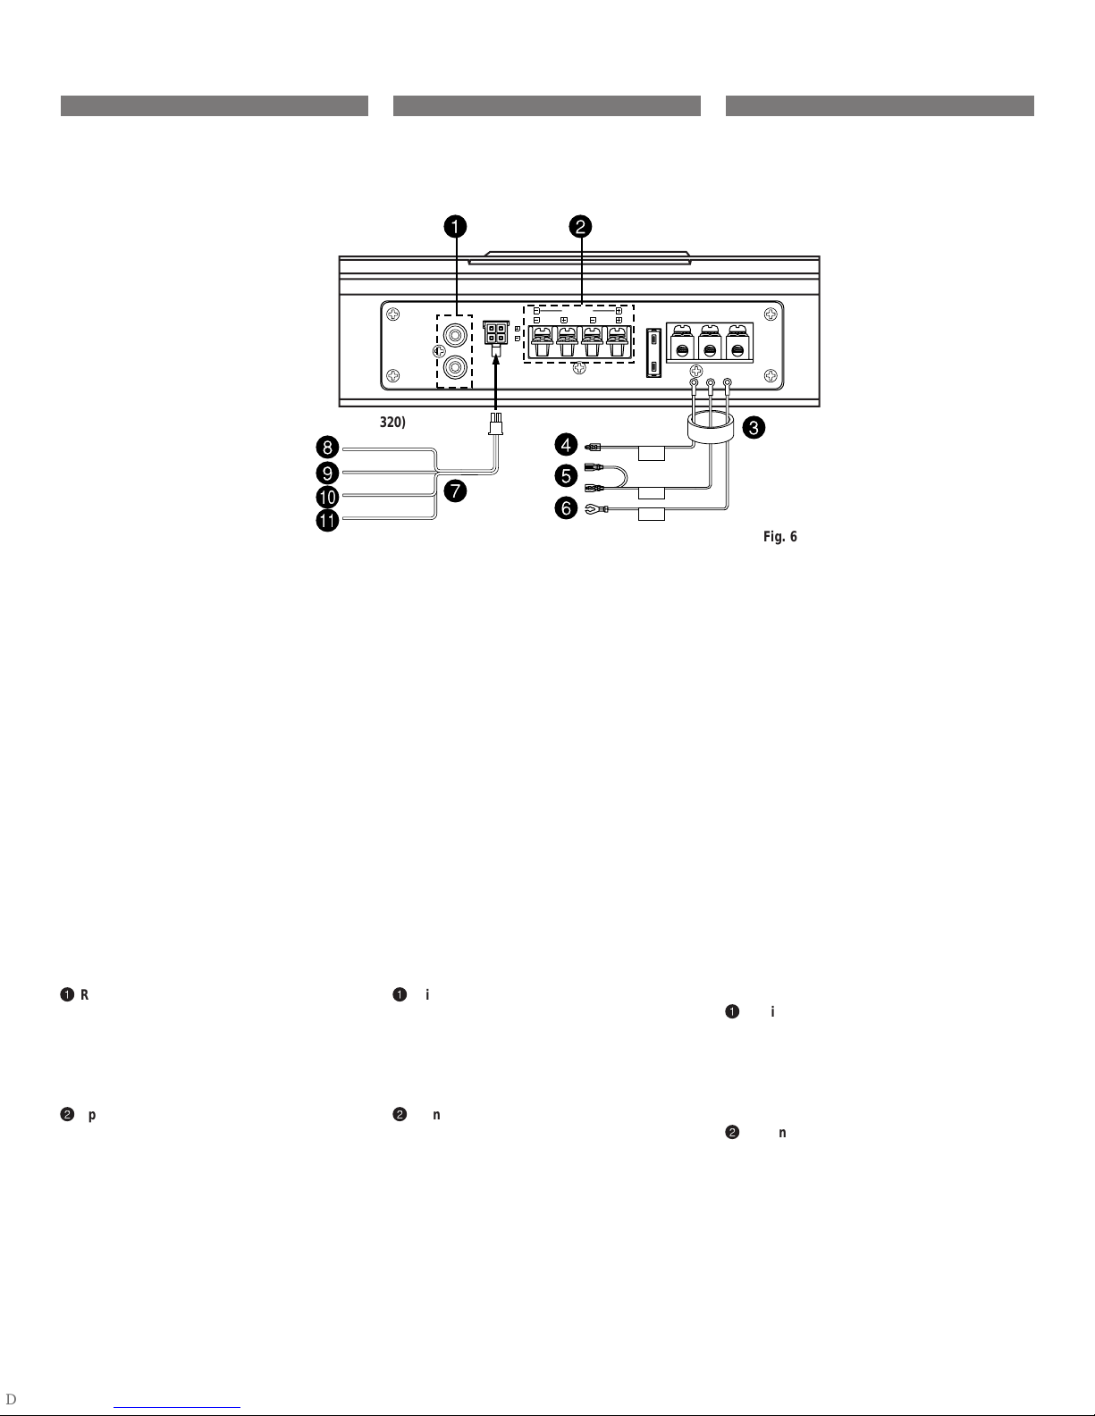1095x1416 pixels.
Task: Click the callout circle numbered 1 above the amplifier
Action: pos(456,227)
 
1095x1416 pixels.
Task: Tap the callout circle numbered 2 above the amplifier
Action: pos(580,227)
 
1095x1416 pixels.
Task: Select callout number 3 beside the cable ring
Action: pos(754,428)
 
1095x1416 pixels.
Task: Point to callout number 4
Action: pos(567,442)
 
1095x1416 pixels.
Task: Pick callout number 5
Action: pos(567,476)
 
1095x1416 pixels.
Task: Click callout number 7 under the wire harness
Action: pos(457,490)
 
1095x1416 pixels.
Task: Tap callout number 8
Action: pos(329,447)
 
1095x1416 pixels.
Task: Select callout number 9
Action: pos(329,472)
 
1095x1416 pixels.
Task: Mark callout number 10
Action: pos(329,497)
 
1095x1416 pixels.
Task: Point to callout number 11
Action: pos(329,522)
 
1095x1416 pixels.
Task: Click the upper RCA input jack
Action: pos(454,337)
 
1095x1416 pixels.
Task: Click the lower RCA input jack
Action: pos(454,365)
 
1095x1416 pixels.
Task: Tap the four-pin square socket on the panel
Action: pos(494,334)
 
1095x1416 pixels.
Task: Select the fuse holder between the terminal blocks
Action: pos(654,354)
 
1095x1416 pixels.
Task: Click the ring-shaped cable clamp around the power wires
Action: pos(711,428)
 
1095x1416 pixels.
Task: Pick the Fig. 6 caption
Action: pos(779,537)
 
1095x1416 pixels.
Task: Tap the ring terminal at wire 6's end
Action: pos(591,510)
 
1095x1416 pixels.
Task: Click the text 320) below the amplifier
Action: pos(392,422)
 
